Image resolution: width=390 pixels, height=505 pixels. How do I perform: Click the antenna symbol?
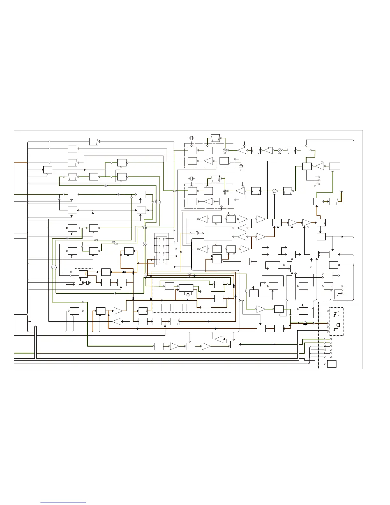pos(341,192)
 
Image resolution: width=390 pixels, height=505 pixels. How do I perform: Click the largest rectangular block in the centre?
pos(218,233)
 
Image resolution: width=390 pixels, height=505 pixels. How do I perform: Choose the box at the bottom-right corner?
pos(332,364)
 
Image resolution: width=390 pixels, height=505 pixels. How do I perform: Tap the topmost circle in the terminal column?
pos(331,339)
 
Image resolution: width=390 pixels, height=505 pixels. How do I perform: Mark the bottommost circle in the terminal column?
pos(331,357)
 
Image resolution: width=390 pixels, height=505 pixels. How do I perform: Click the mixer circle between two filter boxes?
pos(280,150)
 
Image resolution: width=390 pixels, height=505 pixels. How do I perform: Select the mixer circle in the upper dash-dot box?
pos(225,150)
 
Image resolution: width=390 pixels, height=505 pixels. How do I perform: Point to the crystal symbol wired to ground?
pos(241,166)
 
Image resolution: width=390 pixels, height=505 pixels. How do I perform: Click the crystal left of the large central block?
pos(197,233)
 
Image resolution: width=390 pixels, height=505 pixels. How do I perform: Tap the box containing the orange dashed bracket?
pos(83,274)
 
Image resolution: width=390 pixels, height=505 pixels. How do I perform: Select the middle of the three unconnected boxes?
pos(178,307)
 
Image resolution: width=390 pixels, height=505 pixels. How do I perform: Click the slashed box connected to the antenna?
pos(333,201)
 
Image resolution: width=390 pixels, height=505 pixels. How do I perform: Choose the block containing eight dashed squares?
pos(161,250)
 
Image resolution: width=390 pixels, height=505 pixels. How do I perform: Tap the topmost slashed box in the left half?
pos(94,141)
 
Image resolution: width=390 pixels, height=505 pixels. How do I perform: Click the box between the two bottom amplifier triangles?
pos(191,346)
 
